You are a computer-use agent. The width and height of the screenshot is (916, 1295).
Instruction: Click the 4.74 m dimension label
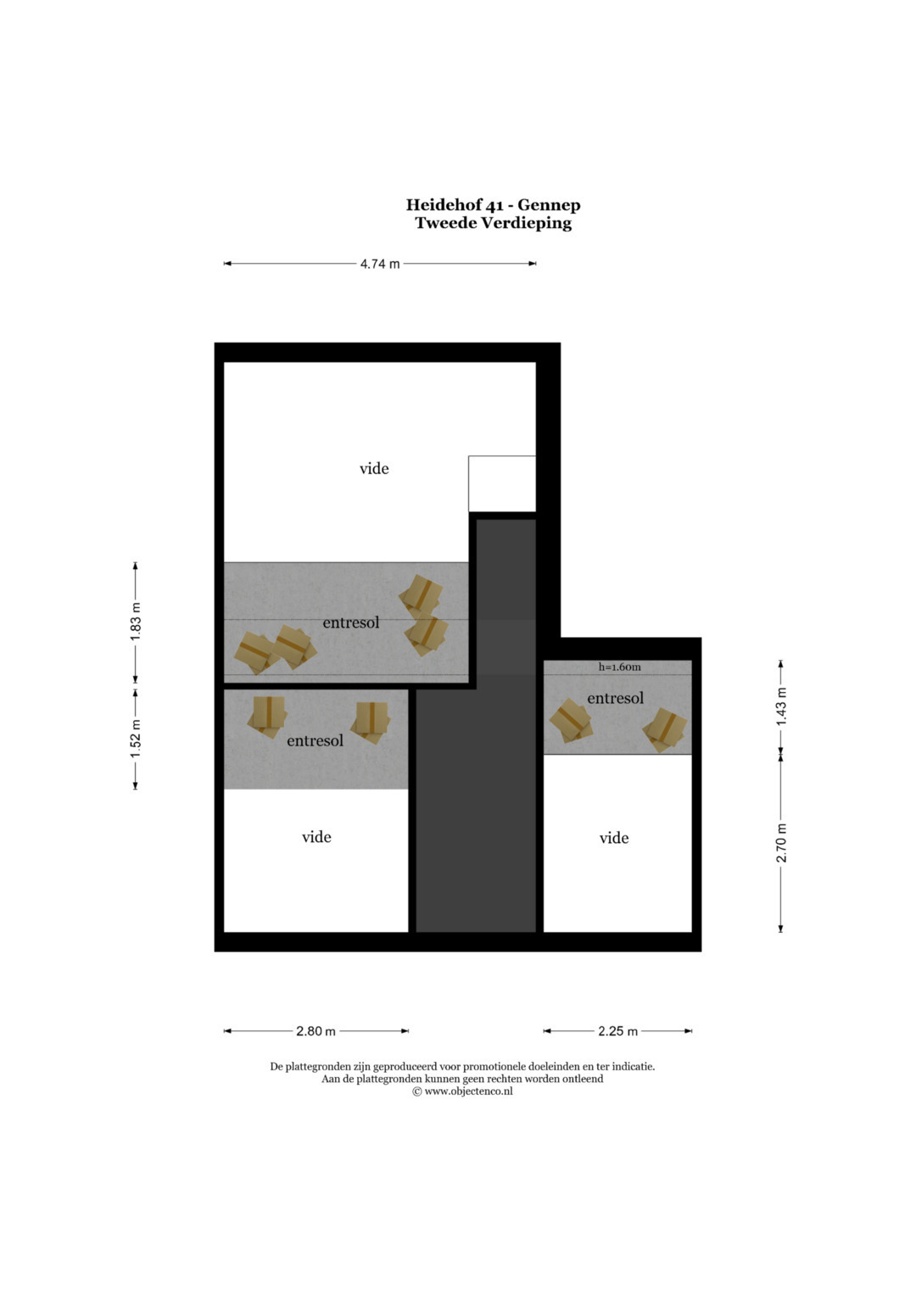380,264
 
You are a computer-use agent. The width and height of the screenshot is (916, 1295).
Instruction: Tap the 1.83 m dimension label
136,622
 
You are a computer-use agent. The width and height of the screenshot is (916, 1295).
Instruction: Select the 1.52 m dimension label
136,739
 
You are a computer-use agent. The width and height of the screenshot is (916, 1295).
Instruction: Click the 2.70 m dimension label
781,842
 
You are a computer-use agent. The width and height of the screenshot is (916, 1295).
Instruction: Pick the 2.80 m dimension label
316,1030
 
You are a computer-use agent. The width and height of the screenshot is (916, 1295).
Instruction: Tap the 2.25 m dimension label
617,1030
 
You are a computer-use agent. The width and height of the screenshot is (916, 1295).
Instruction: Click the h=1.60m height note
619,667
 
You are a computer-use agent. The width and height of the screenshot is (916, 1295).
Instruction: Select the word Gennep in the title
549,205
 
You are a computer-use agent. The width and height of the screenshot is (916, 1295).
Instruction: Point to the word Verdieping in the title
528,224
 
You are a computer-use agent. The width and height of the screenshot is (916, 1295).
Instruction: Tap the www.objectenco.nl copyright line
462,1091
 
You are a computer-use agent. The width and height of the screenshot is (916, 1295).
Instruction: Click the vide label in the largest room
374,468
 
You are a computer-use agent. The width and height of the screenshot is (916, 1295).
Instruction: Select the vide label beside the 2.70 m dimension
613,838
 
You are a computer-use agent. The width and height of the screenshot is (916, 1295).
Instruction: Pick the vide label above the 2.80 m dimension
316,836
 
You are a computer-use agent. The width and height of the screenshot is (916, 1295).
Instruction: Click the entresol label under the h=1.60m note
615,698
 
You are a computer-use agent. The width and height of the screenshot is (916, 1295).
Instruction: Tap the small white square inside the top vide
502,483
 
